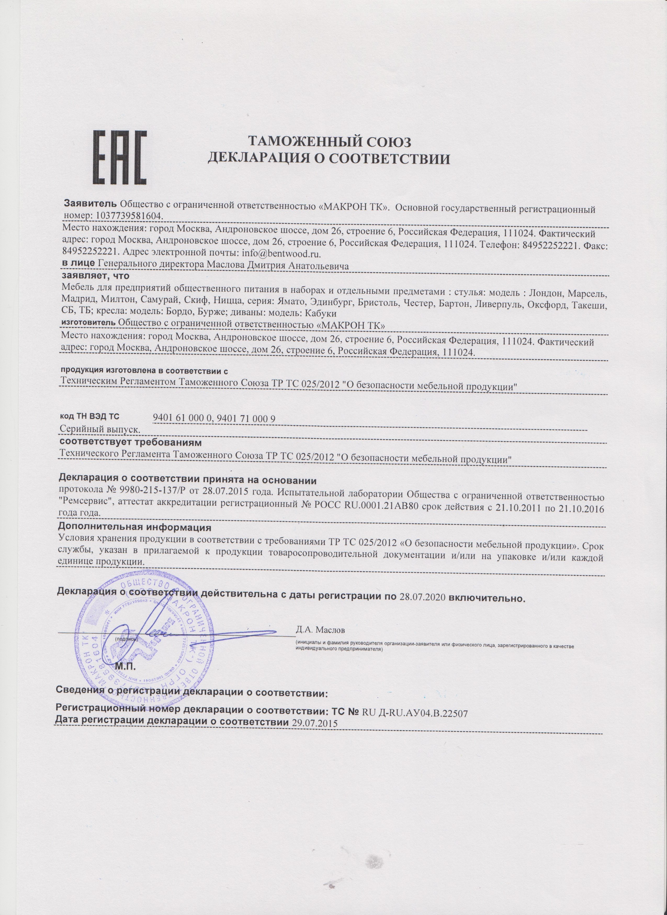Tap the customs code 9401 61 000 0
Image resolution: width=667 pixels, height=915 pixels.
(x=183, y=419)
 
